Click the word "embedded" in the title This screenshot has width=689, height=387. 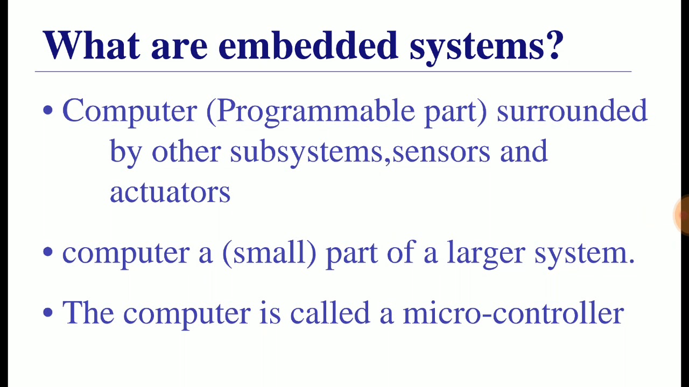[308, 46]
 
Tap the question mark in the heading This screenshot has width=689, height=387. [554, 45]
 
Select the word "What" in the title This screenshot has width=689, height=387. [92, 45]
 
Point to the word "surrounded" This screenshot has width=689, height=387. [572, 110]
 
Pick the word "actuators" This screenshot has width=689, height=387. [170, 192]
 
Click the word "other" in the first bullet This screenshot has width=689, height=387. [186, 150]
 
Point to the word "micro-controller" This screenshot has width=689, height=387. [514, 313]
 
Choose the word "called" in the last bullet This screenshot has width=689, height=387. [330, 313]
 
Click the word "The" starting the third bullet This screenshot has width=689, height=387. [88, 313]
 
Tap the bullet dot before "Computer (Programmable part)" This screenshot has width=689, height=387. [48, 110]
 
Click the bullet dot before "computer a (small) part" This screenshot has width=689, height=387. [48, 252]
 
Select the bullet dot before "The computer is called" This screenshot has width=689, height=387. [48, 313]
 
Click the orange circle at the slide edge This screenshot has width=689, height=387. [681, 215]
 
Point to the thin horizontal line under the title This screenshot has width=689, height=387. [333, 71]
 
